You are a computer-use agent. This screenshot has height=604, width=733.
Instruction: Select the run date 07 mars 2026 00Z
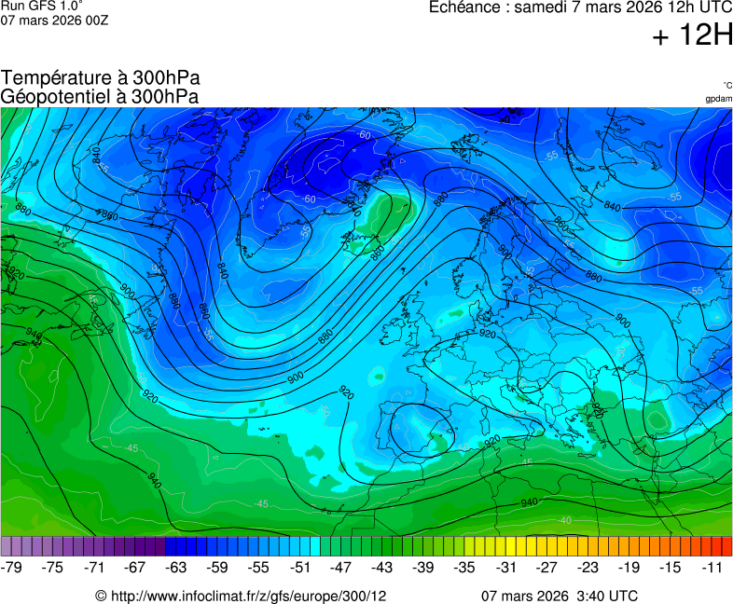(54, 21)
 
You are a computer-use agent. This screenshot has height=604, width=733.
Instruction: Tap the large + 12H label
(692, 36)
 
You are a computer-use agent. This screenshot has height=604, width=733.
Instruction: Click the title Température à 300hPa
(101, 78)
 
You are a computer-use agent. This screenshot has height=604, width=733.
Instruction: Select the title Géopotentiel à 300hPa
(100, 96)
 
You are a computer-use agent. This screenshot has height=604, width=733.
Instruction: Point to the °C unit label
(726, 85)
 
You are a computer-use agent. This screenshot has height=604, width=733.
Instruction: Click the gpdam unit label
(718, 99)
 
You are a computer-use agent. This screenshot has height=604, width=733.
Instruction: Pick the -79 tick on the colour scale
(12, 567)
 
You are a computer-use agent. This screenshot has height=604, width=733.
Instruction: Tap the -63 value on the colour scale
(176, 567)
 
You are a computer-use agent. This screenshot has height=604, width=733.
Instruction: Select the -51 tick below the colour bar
(300, 567)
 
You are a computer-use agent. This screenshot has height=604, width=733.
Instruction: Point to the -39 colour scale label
(423, 567)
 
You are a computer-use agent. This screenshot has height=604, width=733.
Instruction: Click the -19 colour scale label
(629, 567)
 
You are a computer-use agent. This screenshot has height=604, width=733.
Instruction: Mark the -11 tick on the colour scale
(712, 567)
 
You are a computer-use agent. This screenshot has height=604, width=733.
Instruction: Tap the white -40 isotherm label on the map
(565, 520)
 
